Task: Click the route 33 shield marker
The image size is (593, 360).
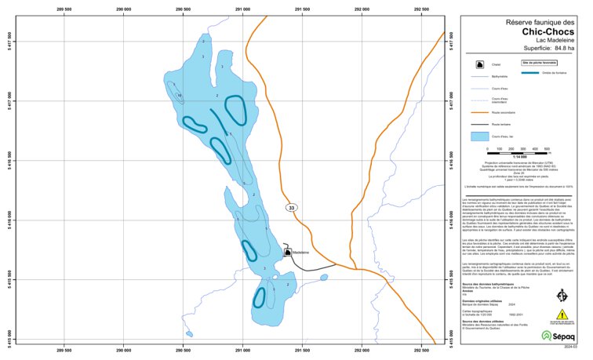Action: [x=292, y=208]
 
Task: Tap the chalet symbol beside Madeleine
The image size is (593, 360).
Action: [x=288, y=251]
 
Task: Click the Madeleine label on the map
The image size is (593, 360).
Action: [x=304, y=252]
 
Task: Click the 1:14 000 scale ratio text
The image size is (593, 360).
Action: [x=518, y=157]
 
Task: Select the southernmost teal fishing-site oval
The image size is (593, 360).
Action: [x=260, y=298]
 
